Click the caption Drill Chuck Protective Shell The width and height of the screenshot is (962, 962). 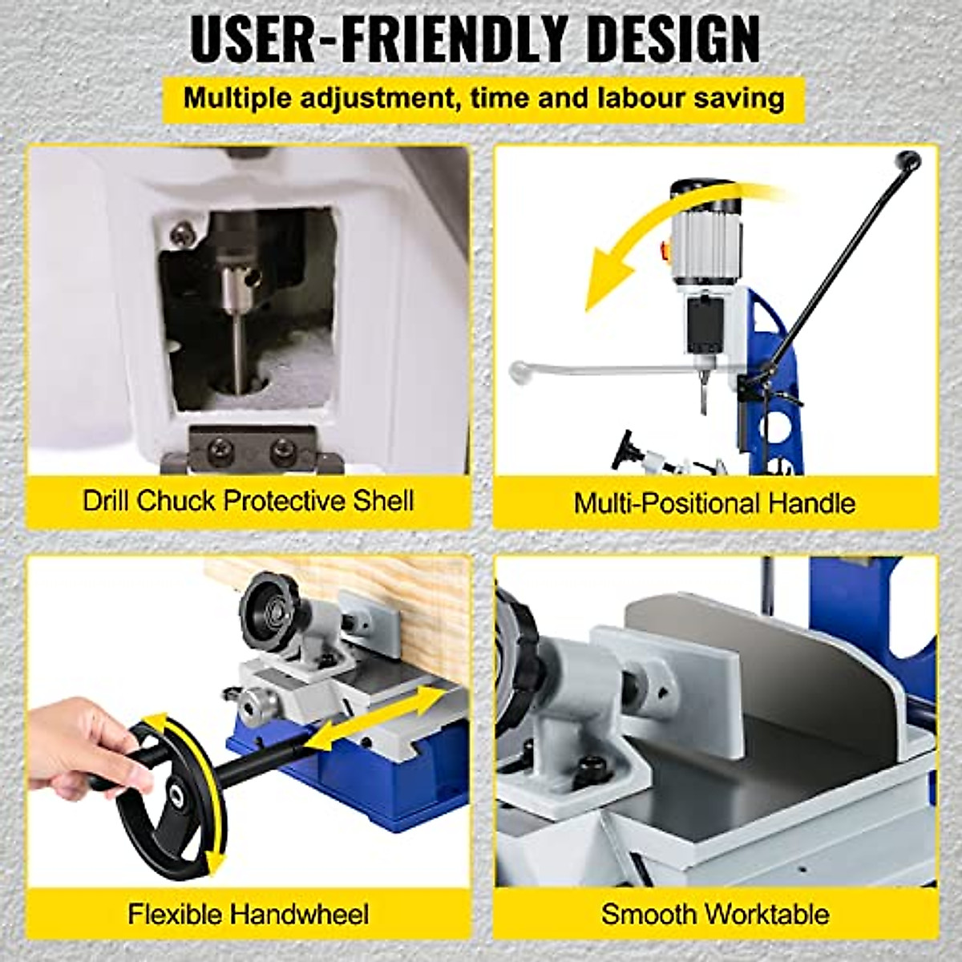(249, 501)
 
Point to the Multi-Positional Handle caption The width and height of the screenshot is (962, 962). (714, 503)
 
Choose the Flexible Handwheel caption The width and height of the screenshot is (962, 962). (249, 914)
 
